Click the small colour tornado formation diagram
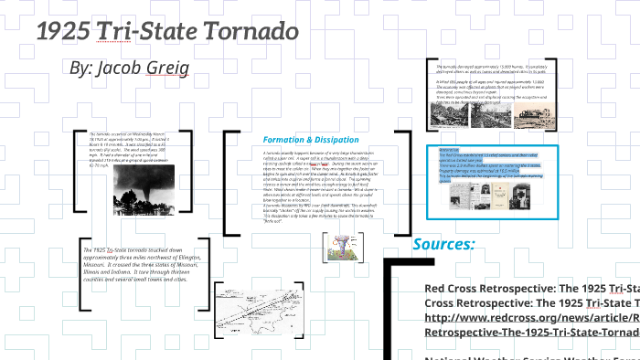coord(336,245)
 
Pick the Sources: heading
coord(443,244)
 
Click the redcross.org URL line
coord(531,318)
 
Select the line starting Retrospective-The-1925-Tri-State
coord(531,333)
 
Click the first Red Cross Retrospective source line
coord(531,289)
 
